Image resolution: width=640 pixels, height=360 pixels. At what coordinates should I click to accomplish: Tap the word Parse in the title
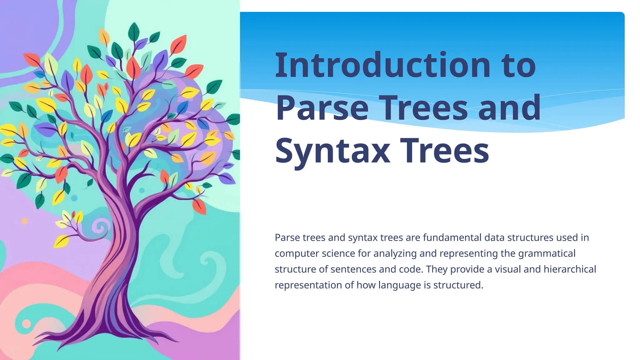[x=322, y=108]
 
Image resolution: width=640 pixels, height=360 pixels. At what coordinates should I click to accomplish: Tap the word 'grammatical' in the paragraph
[x=547, y=253]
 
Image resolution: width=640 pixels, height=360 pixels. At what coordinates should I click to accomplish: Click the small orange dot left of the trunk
[x=24, y=221]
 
